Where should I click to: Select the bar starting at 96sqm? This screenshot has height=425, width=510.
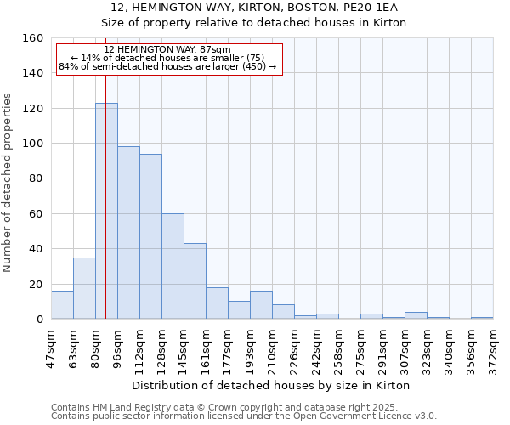coord(128,233)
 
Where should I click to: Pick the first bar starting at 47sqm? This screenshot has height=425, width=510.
coord(62,305)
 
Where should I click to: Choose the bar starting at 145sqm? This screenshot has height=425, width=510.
coord(195,281)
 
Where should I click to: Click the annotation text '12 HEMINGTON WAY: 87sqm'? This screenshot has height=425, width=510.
coord(167,50)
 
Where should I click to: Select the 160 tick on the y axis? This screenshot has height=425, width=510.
coord(33,38)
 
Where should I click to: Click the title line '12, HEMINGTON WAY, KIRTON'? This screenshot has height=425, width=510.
coord(254,7)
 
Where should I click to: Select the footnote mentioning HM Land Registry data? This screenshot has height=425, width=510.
coord(242,407)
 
